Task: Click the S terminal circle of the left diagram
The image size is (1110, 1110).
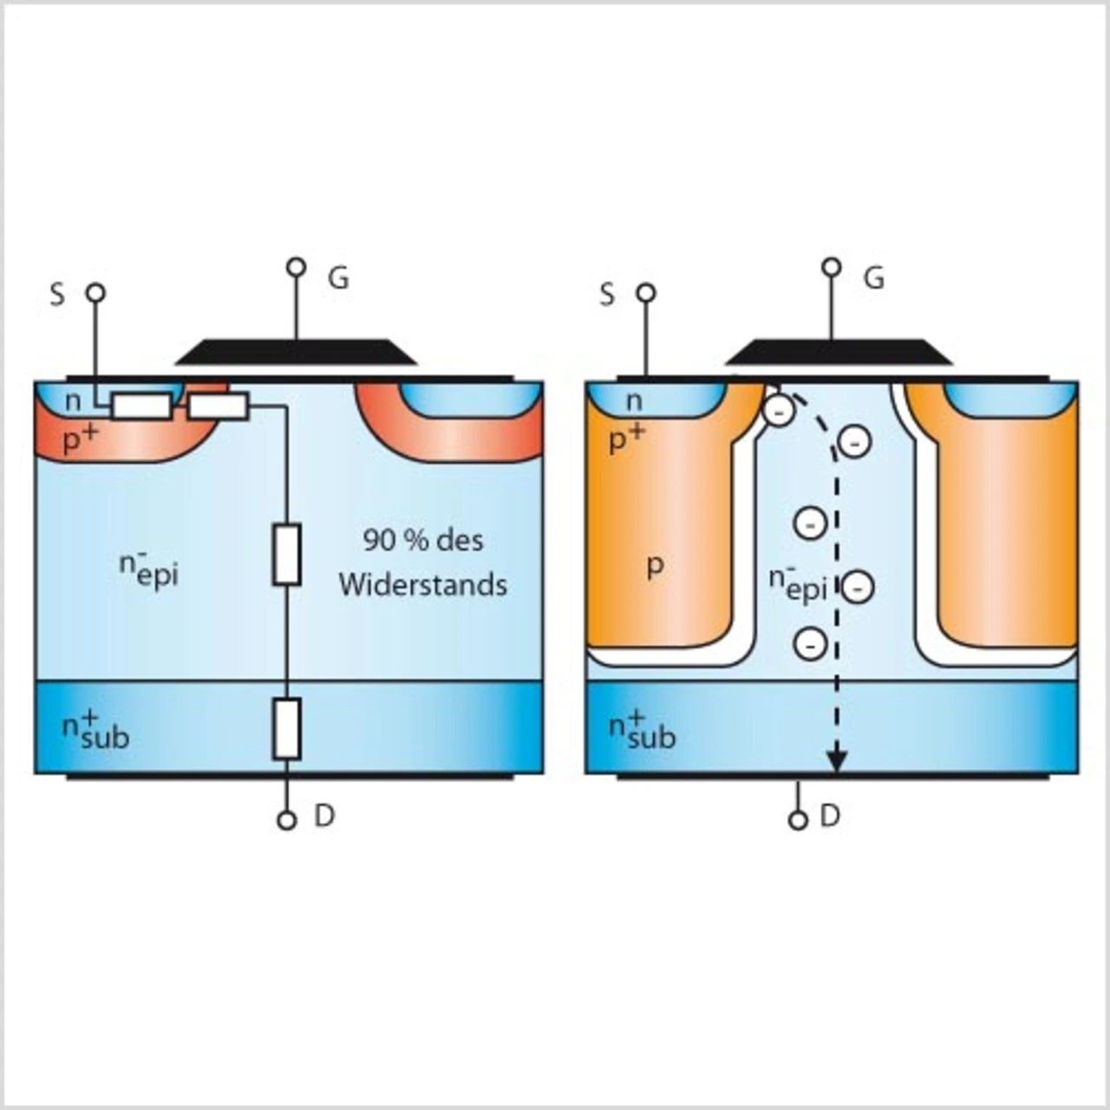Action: [95, 293]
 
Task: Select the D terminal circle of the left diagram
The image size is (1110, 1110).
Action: [287, 820]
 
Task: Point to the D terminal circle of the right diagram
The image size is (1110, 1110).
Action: [799, 820]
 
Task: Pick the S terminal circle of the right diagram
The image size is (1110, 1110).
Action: [646, 293]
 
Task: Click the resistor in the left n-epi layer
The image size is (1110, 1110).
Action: [287, 554]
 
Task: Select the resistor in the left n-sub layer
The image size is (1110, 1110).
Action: [287, 728]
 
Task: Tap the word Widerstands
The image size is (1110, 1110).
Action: [422, 584]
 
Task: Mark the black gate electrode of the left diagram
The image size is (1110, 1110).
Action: [297, 352]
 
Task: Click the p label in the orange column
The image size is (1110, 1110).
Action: [656, 566]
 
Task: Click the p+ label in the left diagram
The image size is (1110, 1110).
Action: [80, 440]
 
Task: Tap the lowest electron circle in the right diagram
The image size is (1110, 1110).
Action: [811, 644]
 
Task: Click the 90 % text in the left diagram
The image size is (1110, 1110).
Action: [395, 540]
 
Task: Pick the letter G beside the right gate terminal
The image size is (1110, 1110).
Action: [874, 278]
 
